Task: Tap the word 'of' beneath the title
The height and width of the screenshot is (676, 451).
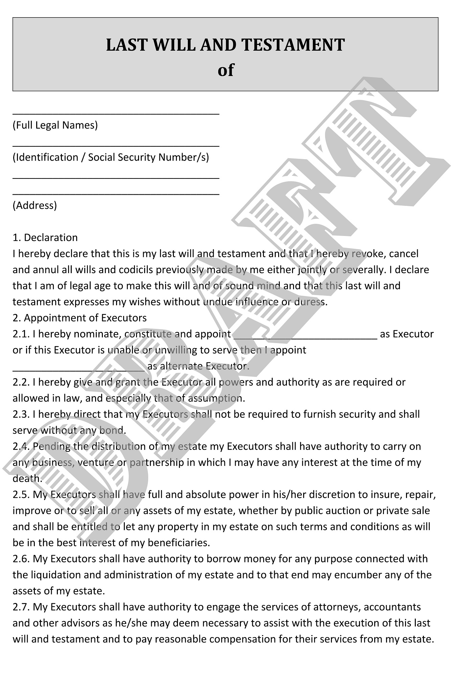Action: click(x=226, y=70)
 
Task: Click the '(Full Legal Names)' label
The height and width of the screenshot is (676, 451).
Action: click(x=55, y=125)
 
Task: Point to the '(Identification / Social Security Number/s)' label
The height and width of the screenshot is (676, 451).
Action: click(x=111, y=158)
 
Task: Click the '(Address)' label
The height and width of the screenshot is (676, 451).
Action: click(x=35, y=206)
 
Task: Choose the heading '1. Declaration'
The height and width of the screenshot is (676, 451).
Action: click(x=45, y=238)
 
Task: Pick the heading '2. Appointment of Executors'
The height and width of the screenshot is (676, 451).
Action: click(x=80, y=318)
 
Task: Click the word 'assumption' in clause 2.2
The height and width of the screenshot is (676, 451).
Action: click(x=216, y=399)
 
